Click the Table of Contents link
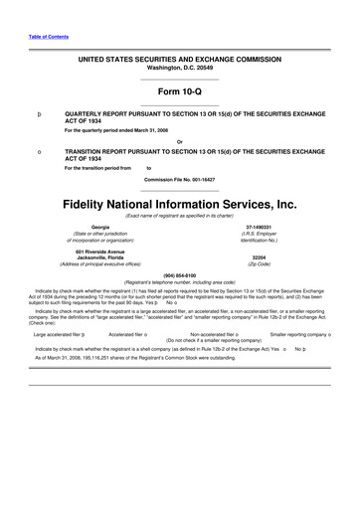pos(26,37)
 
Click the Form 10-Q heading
pos(179,93)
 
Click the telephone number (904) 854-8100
pos(179,273)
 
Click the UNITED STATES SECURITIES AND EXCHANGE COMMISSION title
pos(179,60)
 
